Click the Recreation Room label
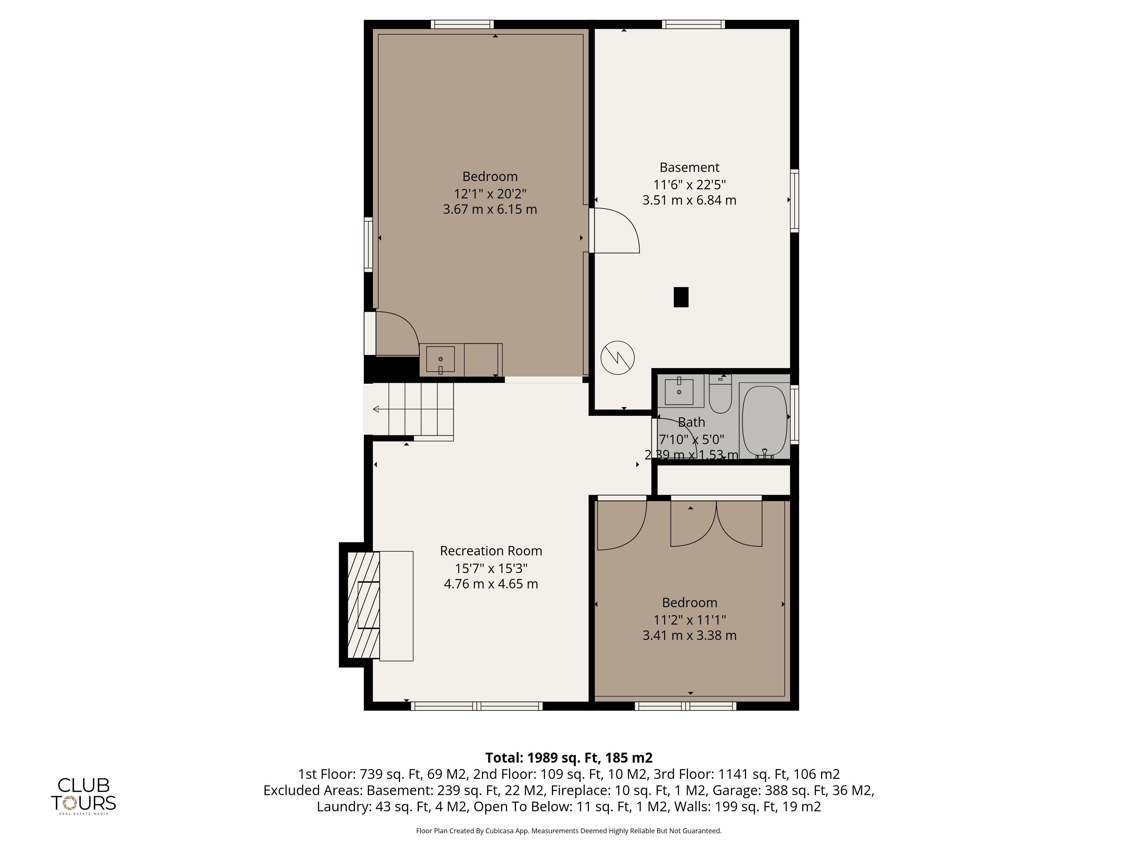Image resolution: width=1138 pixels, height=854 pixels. pyautogui.click(x=491, y=551)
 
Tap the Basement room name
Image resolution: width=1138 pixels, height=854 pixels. pyautogui.click(x=689, y=167)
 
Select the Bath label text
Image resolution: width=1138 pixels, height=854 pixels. pyautogui.click(x=691, y=422)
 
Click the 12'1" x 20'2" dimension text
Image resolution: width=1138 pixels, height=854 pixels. pyautogui.click(x=490, y=194)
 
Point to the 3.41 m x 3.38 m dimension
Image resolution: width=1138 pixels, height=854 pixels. pyautogui.click(x=689, y=635)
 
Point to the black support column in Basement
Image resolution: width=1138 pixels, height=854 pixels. pyautogui.click(x=681, y=297)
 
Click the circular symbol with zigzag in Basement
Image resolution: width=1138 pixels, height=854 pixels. pyautogui.click(x=617, y=357)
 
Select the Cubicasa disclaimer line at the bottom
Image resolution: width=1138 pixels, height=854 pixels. pyautogui.click(x=568, y=831)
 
